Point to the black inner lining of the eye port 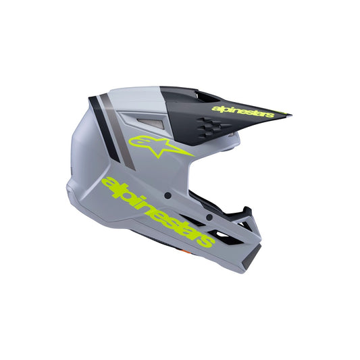click(x=203, y=199)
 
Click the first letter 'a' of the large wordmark click(x=108, y=183)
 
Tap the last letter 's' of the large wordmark click(x=209, y=241)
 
